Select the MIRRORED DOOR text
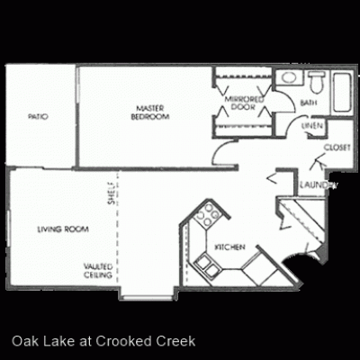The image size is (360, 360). pos(242,102)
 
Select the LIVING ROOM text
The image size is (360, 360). pos(63,229)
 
